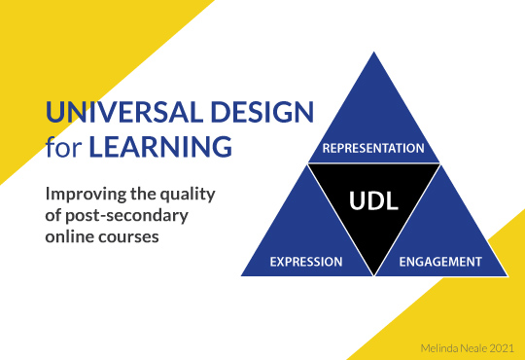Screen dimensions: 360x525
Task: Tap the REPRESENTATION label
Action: (x=374, y=149)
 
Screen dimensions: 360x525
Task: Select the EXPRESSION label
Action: (x=305, y=262)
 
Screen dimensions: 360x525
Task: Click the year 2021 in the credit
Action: (x=499, y=345)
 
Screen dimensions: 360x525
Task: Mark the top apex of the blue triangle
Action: (x=374, y=53)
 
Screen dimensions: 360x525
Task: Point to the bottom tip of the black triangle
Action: (x=374, y=274)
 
